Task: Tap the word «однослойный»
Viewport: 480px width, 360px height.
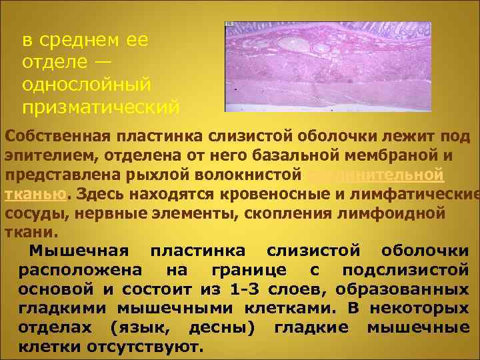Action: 87,85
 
